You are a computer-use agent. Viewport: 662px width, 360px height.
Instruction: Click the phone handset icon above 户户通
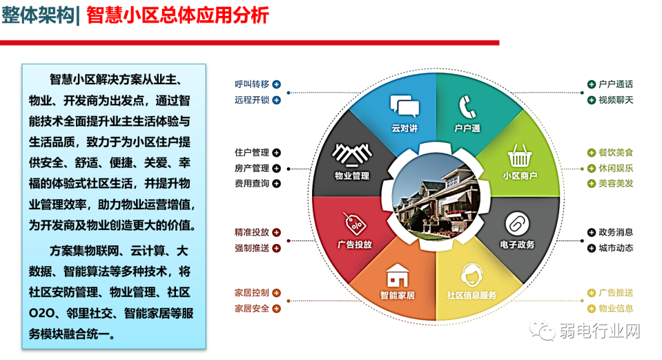click(466, 107)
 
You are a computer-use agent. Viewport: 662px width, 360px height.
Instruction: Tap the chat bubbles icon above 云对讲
click(405, 107)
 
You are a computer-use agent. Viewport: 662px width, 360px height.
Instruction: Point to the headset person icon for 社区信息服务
click(471, 274)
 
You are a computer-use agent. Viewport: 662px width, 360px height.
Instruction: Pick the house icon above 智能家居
click(397, 275)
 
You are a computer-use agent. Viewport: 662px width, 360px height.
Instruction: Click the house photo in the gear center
click(435, 193)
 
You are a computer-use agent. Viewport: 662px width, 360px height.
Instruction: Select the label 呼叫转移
click(251, 85)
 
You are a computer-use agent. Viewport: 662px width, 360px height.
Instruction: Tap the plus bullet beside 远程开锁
click(276, 100)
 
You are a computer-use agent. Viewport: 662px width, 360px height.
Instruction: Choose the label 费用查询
click(251, 183)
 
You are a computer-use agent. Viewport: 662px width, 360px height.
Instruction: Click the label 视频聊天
click(616, 100)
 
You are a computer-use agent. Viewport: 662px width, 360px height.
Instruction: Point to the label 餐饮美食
click(616, 153)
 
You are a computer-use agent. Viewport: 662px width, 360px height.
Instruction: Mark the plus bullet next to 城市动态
click(591, 248)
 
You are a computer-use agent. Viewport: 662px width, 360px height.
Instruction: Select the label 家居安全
click(251, 308)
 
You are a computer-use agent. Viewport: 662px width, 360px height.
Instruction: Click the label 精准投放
click(251, 232)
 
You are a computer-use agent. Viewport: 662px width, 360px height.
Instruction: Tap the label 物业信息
click(616, 308)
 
